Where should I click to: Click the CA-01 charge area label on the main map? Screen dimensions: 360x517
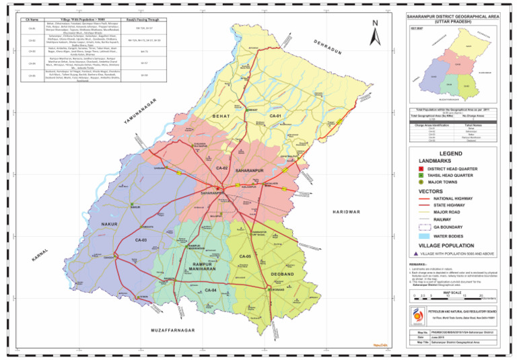pyautogui.click(x=278, y=117)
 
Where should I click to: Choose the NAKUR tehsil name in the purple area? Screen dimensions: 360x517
pyautogui.click(x=110, y=223)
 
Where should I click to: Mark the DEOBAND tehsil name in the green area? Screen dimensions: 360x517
pyautogui.click(x=282, y=275)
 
